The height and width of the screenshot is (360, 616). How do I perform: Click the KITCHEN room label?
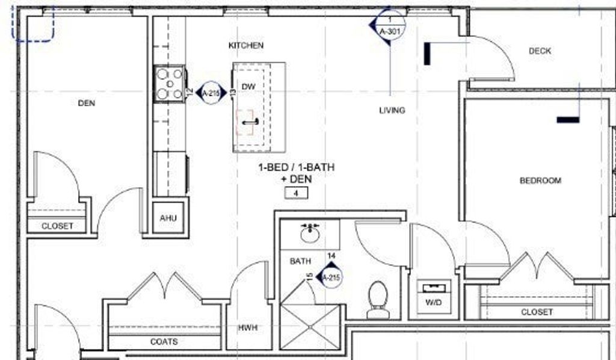[246, 46]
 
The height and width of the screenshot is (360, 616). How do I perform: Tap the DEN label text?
[87, 103]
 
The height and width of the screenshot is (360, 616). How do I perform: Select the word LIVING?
[392, 110]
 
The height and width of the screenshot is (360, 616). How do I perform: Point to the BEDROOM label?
[540, 181]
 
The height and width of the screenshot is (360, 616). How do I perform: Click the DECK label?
[540, 51]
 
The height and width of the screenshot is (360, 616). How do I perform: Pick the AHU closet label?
[168, 218]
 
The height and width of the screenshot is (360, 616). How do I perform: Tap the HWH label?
[248, 327]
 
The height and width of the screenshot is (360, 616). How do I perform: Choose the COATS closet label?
[164, 341]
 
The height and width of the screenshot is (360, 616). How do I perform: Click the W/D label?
[433, 302]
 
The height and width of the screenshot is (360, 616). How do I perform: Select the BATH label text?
[301, 261]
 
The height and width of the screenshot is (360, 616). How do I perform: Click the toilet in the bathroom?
[378, 299]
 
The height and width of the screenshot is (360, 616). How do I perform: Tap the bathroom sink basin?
[310, 234]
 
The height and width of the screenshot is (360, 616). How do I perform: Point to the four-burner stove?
[170, 84]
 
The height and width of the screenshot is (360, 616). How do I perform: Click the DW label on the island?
[248, 87]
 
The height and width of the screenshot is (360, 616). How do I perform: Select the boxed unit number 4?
[296, 193]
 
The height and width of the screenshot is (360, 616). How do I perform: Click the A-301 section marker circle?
[390, 25]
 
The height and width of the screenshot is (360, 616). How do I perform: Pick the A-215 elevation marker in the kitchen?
[211, 93]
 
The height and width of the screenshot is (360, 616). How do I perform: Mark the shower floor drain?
[310, 327]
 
